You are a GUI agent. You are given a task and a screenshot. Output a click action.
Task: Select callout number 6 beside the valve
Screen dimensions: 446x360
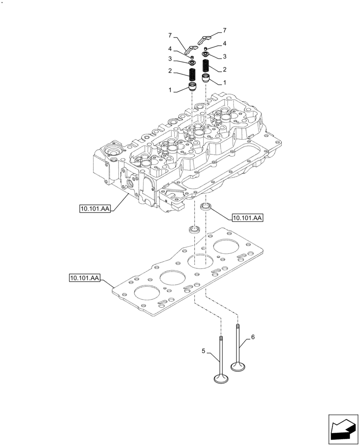253,338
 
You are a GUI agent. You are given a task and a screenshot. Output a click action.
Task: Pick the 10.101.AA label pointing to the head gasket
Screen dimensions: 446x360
85,278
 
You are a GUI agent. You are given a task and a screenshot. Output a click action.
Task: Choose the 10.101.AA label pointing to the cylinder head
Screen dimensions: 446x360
95,208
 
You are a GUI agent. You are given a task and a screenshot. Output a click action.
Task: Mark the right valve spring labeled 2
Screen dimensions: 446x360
205,66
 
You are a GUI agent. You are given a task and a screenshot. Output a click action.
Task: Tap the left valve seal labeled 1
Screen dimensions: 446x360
193,87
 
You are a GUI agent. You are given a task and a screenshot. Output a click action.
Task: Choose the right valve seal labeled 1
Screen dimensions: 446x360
206,79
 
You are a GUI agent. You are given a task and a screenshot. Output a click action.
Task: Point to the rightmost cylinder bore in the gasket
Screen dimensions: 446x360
228,247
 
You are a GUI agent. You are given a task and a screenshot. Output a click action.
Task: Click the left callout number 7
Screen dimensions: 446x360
170,35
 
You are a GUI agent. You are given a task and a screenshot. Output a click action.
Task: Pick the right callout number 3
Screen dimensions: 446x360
225,57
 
